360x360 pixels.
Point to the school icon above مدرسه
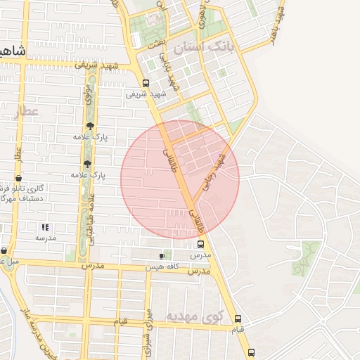[46, 227]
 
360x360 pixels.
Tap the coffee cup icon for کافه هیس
[165, 256]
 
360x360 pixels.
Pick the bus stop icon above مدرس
[201, 245]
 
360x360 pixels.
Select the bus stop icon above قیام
[238, 318]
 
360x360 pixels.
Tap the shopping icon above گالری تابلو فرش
[18, 177]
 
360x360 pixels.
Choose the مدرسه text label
[46, 238]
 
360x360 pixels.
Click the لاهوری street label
[205, 14]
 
